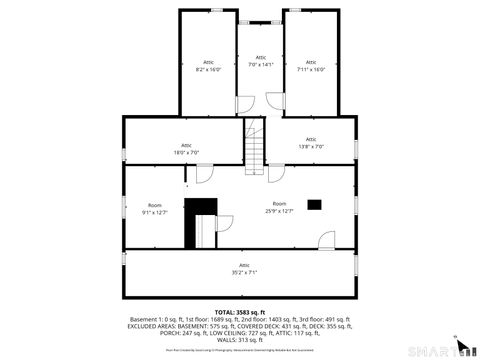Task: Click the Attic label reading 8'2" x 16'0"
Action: click(208, 66)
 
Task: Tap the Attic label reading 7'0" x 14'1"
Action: click(260, 61)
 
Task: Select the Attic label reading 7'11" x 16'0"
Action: click(311, 66)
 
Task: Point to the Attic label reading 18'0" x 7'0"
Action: click(186, 148)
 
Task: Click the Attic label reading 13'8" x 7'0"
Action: click(311, 143)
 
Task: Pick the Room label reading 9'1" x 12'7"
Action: click(155, 208)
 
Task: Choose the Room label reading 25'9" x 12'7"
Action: click(279, 207)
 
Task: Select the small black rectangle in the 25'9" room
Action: click(315, 205)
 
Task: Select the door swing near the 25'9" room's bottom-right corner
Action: click(326, 239)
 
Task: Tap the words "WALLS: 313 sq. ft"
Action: click(240, 339)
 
